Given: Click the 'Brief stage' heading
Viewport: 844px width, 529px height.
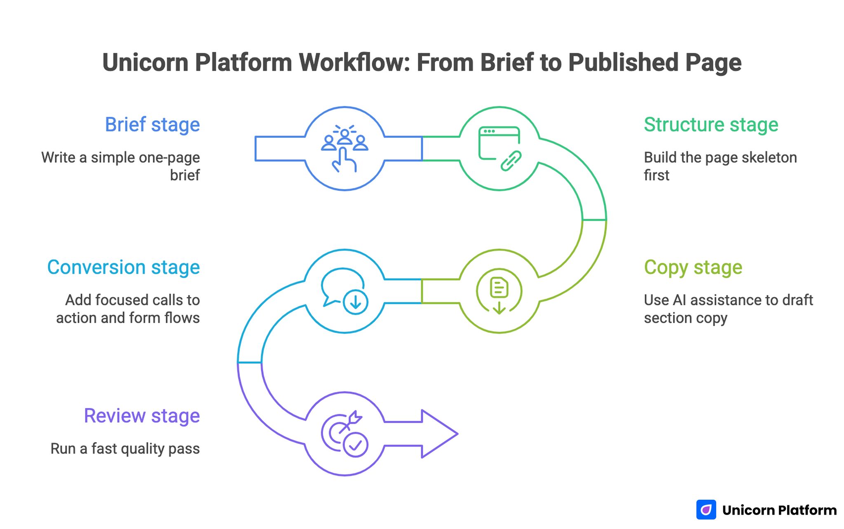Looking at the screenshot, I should coord(152,125).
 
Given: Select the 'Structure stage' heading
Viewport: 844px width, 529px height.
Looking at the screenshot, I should coord(710,125).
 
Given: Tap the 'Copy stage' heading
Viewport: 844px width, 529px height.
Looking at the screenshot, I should coord(693,267).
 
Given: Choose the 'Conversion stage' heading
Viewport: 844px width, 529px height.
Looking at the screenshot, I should coord(123,267).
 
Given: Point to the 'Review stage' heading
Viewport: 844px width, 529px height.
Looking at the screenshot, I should coord(142,416).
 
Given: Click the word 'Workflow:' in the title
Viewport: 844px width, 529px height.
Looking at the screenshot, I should coord(354,63).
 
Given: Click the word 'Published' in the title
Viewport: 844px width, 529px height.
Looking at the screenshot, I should coord(623,63).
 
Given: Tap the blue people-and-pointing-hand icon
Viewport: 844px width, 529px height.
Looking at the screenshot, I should coord(345,148).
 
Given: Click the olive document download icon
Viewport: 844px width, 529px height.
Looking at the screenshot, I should coord(499,292).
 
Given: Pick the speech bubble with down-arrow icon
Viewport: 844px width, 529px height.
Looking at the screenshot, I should coord(345,291).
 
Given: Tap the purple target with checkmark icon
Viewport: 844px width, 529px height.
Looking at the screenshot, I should coord(345,434).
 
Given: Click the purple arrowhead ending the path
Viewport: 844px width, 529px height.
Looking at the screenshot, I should coord(439,433).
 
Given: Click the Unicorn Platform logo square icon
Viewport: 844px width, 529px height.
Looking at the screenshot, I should coord(706,510).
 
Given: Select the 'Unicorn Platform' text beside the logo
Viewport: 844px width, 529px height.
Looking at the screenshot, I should coord(779,510).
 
